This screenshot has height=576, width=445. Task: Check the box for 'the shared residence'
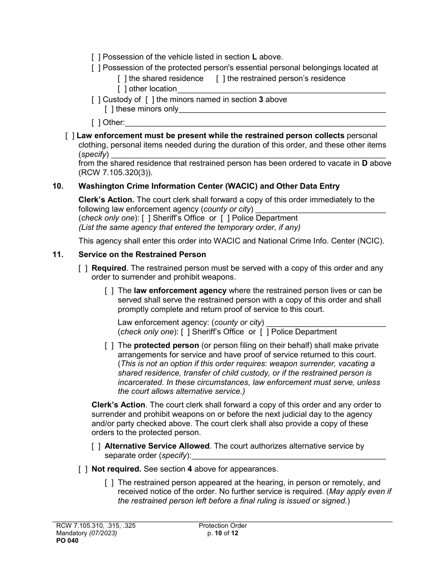click(122, 79)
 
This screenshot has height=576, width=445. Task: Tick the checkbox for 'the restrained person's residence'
click(220, 79)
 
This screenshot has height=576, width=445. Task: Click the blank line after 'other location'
click(281, 89)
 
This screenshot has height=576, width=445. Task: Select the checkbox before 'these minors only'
click(109, 109)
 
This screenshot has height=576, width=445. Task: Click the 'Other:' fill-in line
click(255, 123)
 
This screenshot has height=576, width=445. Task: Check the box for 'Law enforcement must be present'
click(70, 136)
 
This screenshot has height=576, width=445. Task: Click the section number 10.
click(58, 186)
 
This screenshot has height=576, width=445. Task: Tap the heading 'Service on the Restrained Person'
click(142, 255)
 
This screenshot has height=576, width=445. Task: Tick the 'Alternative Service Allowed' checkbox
click(96, 446)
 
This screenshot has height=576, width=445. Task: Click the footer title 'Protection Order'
click(222, 526)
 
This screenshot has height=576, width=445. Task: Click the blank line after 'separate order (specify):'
click(289, 455)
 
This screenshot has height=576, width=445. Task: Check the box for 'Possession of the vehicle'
click(96, 57)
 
